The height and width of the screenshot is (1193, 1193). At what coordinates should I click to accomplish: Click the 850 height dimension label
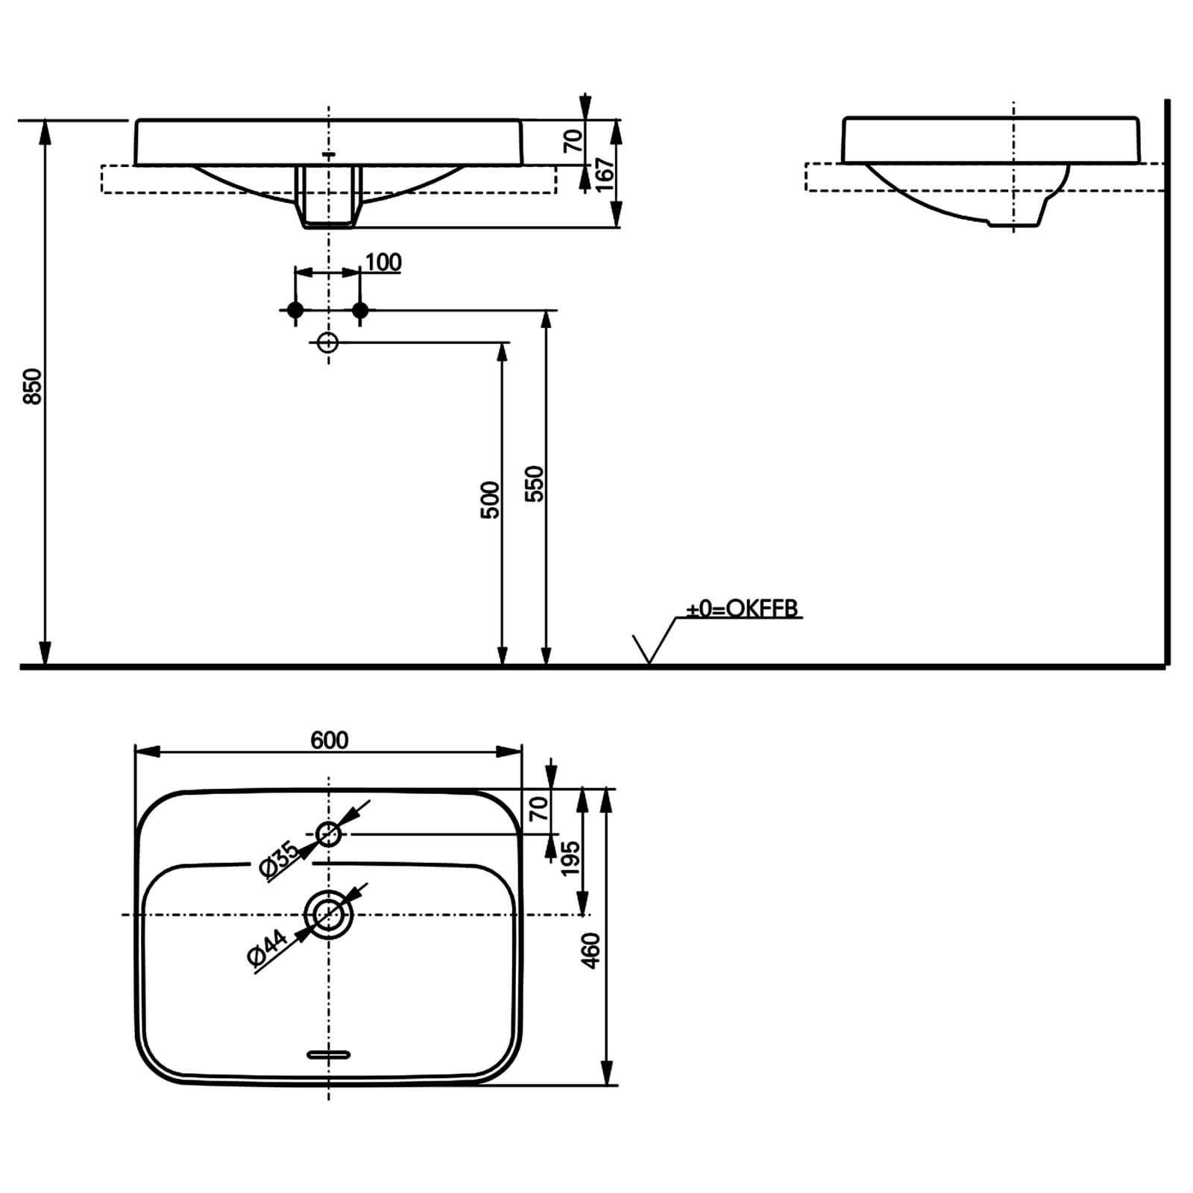coord(32,386)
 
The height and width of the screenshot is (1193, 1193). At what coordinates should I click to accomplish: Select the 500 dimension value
coord(489,500)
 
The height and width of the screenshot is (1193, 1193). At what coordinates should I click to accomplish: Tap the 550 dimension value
coord(535,483)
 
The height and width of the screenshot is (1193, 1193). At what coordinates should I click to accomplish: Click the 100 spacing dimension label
coord(383,262)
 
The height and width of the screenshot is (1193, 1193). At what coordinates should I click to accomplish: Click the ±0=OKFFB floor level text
coord(742,609)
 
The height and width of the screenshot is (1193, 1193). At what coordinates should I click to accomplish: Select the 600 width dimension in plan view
coord(329,740)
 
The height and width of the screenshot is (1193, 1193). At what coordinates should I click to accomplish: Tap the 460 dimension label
coord(591,951)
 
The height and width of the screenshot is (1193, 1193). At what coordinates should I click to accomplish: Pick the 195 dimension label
coord(570,857)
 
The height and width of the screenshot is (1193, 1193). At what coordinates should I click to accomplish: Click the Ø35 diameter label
coord(278,860)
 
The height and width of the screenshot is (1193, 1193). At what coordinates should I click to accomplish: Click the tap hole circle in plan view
coord(329,834)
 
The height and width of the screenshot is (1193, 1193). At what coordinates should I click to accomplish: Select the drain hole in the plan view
coord(328,914)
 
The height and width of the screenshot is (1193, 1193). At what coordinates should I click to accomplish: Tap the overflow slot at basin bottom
coord(328,1054)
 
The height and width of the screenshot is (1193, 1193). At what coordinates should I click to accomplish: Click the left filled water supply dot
coord(295,309)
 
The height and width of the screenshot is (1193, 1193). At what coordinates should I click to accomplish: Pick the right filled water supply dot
coord(360,309)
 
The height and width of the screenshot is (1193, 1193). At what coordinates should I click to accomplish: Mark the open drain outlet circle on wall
coord(328,342)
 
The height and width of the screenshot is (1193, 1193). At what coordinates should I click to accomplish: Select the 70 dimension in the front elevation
coord(573,140)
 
